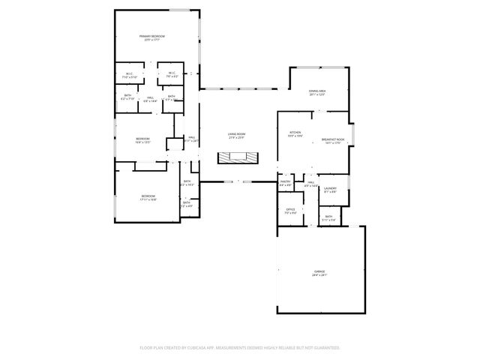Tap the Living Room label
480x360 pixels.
click(x=237, y=134)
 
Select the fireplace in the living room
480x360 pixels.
click(x=238, y=158)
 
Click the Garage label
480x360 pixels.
click(x=319, y=272)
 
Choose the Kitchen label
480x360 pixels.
click(x=295, y=133)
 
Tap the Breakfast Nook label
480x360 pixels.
click(x=332, y=140)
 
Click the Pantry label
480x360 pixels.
click(x=286, y=181)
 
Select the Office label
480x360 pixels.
click(x=289, y=210)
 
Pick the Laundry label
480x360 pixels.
click(x=330, y=188)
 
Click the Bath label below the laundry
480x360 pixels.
click(x=328, y=217)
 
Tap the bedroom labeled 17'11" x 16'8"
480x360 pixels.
click(x=148, y=196)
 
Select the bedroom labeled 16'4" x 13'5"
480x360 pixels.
click(x=142, y=139)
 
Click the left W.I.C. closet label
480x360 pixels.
click(x=129, y=73)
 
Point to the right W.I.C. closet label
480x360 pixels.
click(x=172, y=73)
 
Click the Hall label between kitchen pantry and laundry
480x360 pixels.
click(x=310, y=182)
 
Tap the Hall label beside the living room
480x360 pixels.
click(x=192, y=137)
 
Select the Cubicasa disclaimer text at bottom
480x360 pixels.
click(x=240, y=348)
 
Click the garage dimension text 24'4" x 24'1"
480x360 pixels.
click(x=319, y=276)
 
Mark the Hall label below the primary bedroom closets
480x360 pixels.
click(x=150, y=97)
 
